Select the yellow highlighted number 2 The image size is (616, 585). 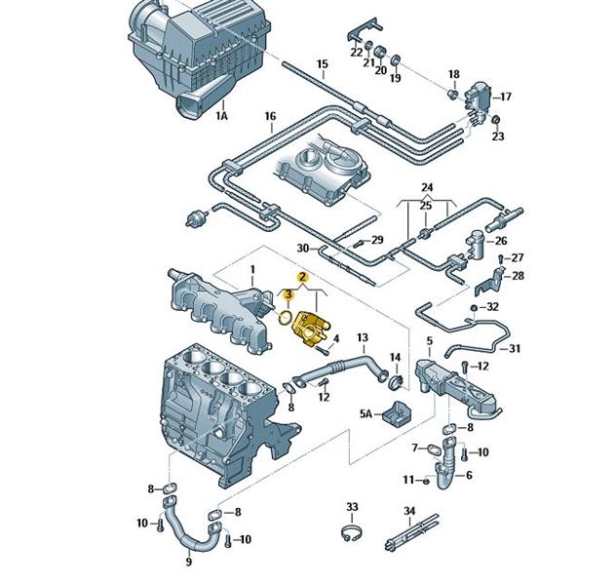pyautogui.click(x=303, y=278)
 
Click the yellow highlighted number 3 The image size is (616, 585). pyautogui.click(x=289, y=293)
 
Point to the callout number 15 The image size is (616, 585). pyautogui.click(x=322, y=65)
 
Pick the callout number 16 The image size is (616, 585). pyautogui.click(x=270, y=117)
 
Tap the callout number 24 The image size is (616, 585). pyautogui.click(x=426, y=186)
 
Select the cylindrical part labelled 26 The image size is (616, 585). pyautogui.click(x=478, y=241)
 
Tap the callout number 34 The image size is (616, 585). pyautogui.click(x=409, y=511)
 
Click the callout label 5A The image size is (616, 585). pyautogui.click(x=366, y=414)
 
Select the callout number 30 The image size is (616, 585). pyautogui.click(x=302, y=249)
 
